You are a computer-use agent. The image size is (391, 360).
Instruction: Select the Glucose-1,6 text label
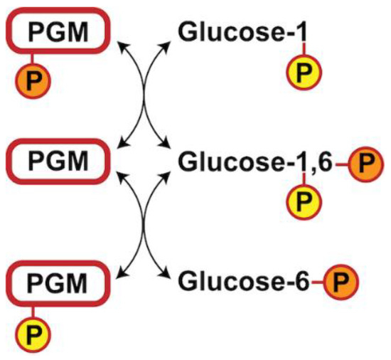pyautogui.click(x=252, y=162)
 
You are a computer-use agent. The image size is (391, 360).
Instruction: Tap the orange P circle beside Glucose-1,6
pyautogui.click(x=365, y=163)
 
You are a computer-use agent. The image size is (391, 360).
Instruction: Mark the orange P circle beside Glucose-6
pyautogui.click(x=343, y=282)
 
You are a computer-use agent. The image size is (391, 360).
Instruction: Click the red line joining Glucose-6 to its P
pyautogui.click(x=319, y=282)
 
